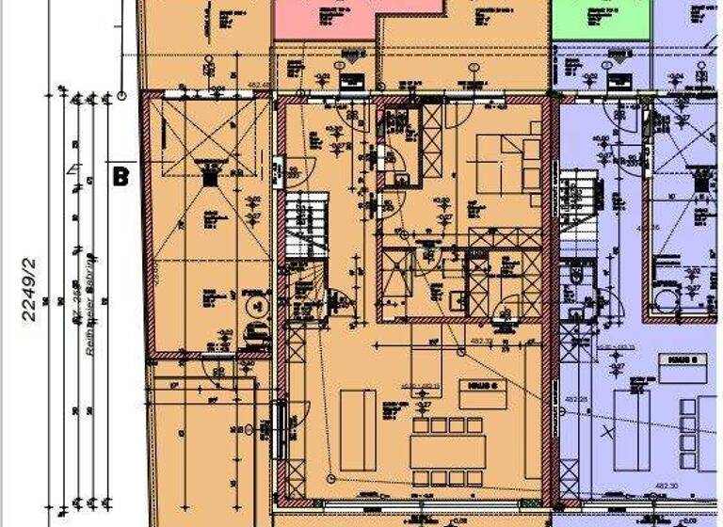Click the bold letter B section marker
pyautogui.click(x=120, y=175)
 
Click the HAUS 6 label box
pyautogui.click(x=470, y=386)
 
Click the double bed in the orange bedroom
pyautogui.click(x=506, y=169)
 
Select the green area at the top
pyautogui.click(x=601, y=19)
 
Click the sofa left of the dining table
pyautogui.click(x=358, y=429)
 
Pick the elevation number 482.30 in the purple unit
pyautogui.click(x=667, y=484)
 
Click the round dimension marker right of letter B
pyautogui.click(x=122, y=95)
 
